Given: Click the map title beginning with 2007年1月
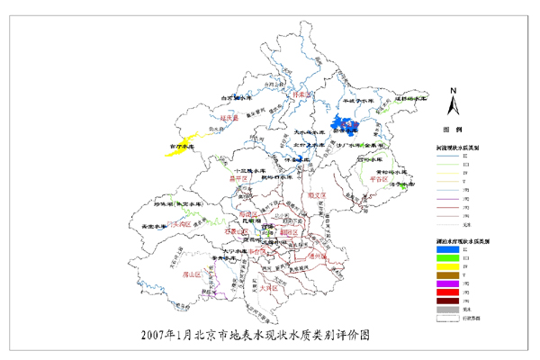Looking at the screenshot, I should pos(256,335).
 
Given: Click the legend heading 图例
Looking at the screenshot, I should pos(455,129).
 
